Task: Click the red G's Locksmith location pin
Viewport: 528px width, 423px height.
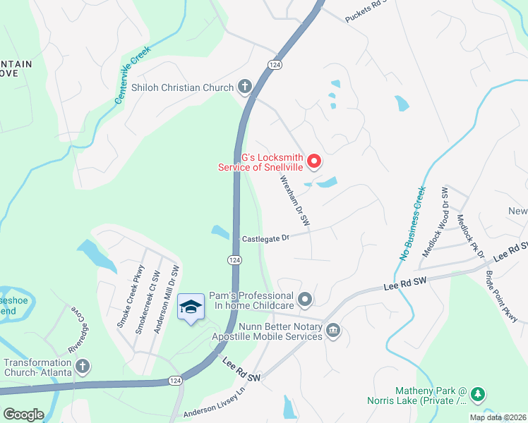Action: [x=313, y=162]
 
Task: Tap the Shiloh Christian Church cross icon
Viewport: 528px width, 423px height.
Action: [x=245, y=87]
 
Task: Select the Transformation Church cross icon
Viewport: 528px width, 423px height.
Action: [x=83, y=366]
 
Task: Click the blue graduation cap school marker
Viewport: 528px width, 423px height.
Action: [x=191, y=307]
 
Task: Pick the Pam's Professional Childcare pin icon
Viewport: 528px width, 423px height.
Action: [x=305, y=300]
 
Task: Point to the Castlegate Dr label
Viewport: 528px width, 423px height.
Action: [x=266, y=239]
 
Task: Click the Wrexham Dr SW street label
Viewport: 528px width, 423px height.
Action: [x=296, y=200]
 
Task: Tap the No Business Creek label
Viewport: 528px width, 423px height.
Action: [x=413, y=223]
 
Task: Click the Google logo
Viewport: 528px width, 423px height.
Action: [x=23, y=415]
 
